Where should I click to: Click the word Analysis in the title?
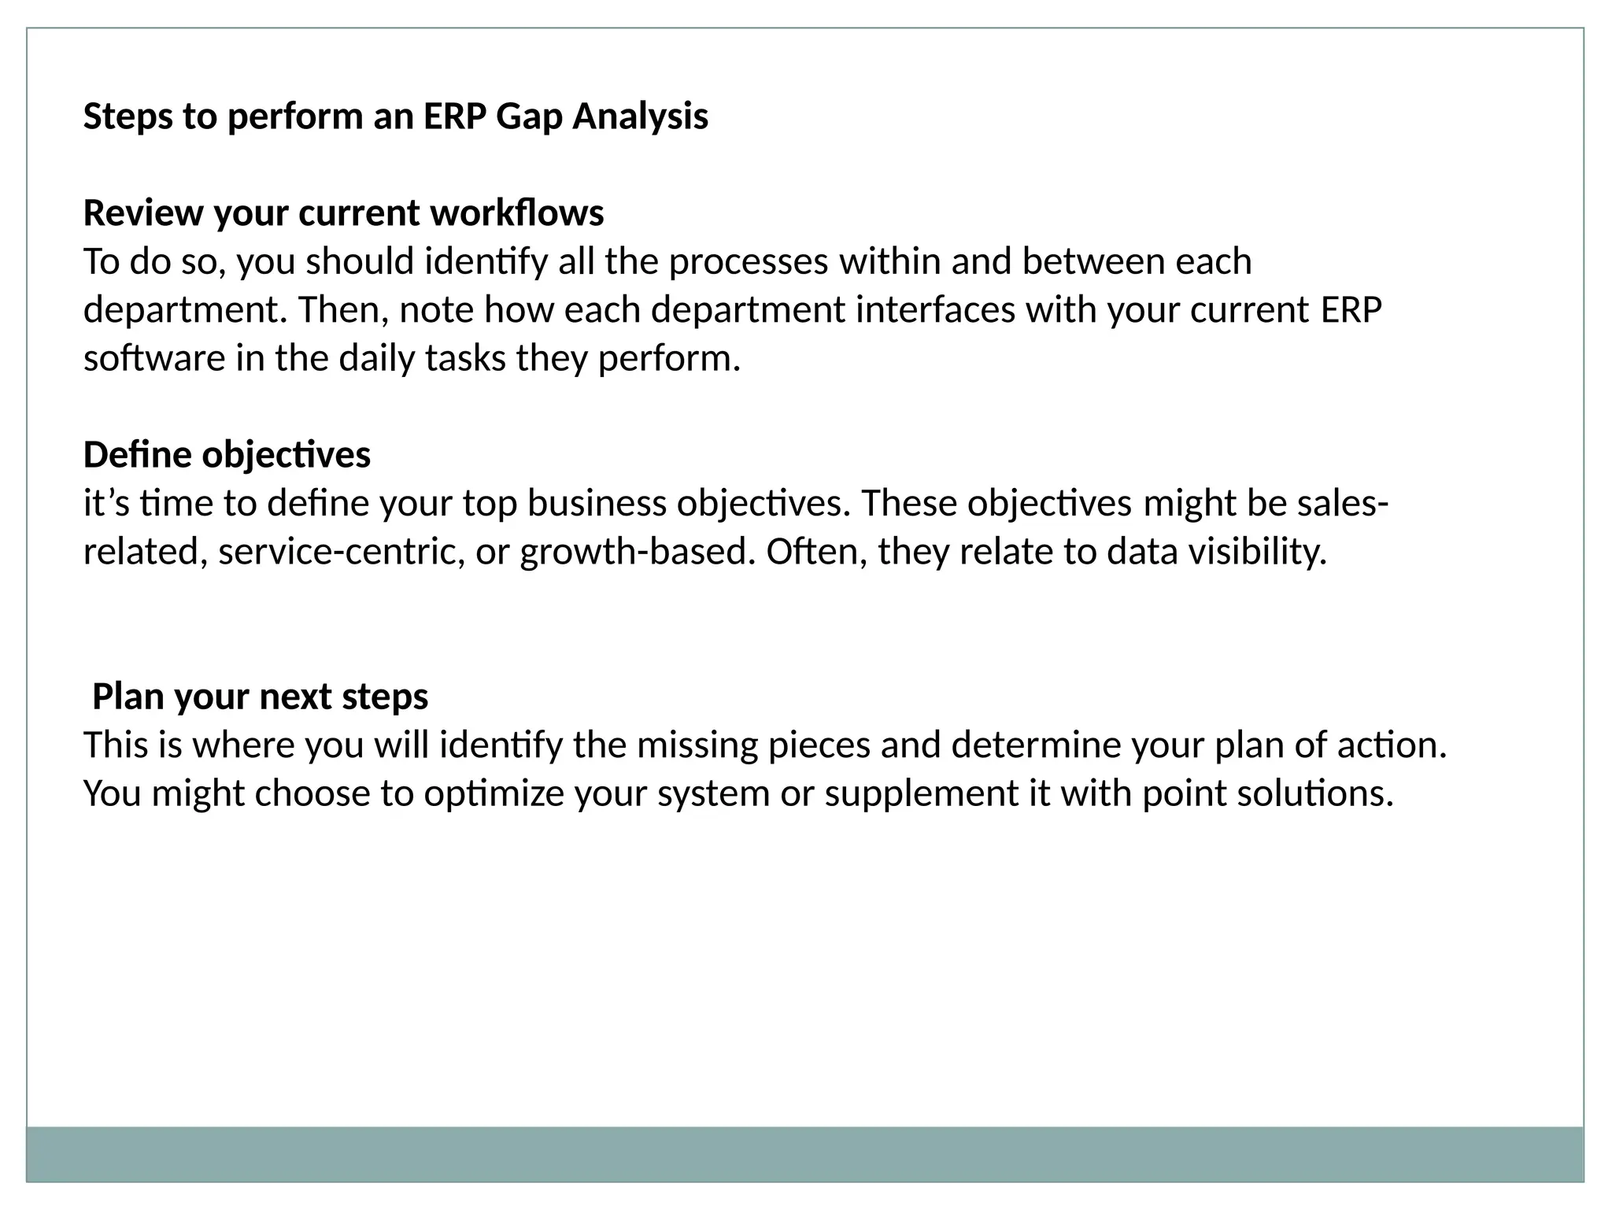click(640, 117)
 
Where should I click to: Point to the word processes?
click(748, 262)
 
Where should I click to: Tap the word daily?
click(376, 359)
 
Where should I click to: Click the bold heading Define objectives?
click(227, 455)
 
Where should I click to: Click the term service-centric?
click(342, 552)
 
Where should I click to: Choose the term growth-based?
click(632, 552)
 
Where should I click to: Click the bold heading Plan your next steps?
click(260, 697)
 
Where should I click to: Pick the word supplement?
click(921, 793)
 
